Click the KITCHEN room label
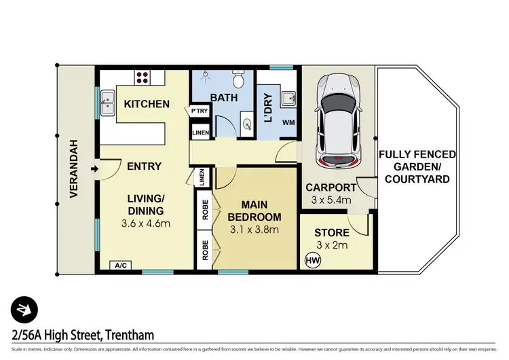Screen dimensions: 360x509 click(x=146, y=104)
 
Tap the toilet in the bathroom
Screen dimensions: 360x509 click(x=238, y=81)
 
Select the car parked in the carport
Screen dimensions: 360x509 click(x=337, y=120)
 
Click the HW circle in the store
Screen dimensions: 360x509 click(x=313, y=259)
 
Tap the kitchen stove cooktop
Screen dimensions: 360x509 click(x=144, y=77)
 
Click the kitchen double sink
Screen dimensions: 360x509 click(x=107, y=105)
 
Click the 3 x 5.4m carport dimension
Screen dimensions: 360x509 click(x=331, y=200)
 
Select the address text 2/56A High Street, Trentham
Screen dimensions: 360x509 click(x=83, y=335)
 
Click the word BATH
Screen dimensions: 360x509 click(x=223, y=98)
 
